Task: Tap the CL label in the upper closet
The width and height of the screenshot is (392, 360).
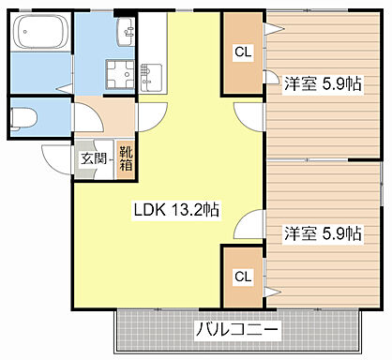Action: [242, 52]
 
